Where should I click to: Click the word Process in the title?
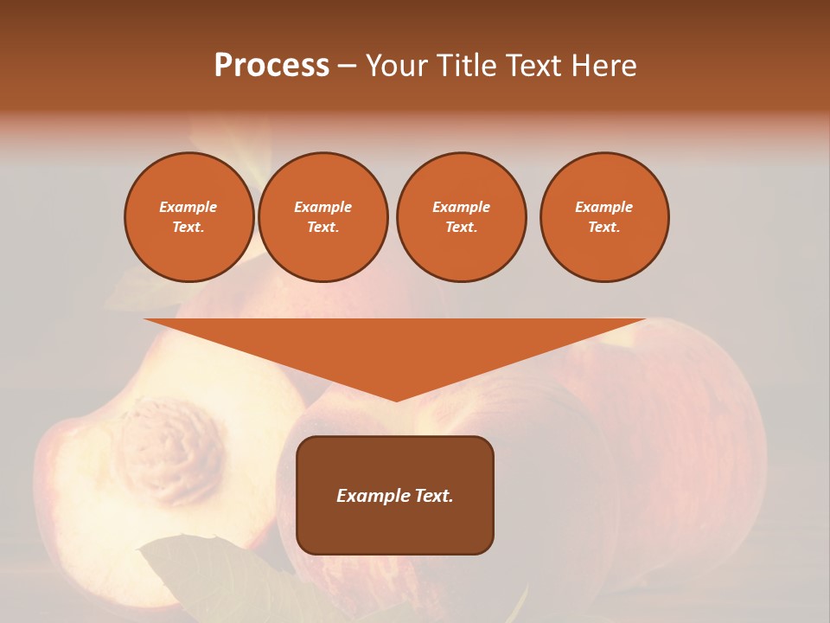tap(271, 65)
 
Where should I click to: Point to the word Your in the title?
tap(397, 65)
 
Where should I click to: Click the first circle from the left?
tap(188, 217)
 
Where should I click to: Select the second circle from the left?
tap(322, 217)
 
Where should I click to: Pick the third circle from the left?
tap(461, 217)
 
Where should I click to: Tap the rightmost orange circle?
tap(603, 217)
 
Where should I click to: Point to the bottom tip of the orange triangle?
tap(396, 400)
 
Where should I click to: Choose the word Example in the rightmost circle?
tap(603, 207)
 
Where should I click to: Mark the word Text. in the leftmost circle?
tap(188, 228)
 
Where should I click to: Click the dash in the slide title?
tap(347, 66)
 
